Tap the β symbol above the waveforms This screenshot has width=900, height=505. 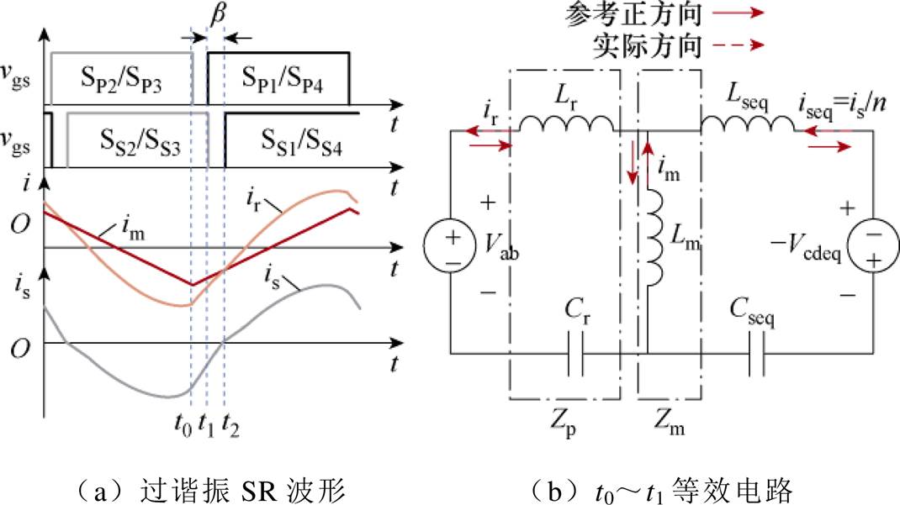pos(217,13)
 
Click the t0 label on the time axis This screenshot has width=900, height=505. pos(183,424)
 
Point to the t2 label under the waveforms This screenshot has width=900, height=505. pos(230,424)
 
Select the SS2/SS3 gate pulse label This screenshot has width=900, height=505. pos(140,141)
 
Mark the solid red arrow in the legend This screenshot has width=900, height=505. pos(739,13)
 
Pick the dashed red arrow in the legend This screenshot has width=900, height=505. pos(739,45)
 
